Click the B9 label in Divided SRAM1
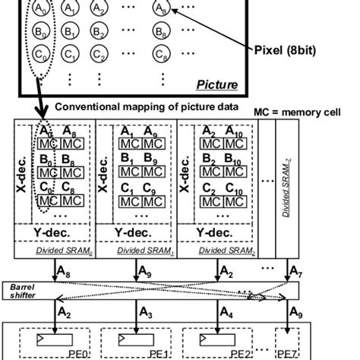pos(151,159)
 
